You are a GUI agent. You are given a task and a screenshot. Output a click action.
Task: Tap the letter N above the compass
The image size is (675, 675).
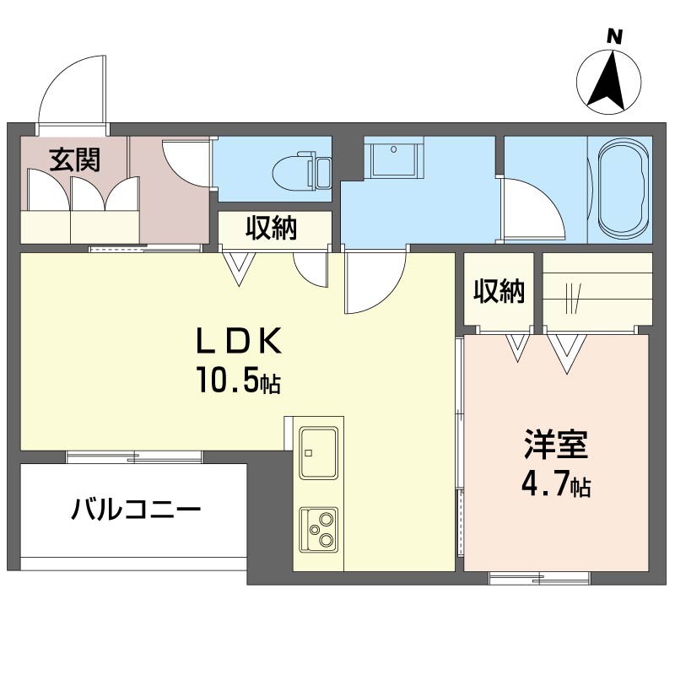(x=615, y=36)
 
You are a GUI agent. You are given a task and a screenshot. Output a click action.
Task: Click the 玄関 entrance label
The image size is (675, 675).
(x=74, y=159)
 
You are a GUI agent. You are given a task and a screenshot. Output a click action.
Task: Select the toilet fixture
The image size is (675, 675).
(x=298, y=171)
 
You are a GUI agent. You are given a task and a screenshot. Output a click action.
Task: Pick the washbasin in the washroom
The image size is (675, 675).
(x=393, y=159)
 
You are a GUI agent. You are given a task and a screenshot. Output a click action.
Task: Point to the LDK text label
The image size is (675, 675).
(x=238, y=342)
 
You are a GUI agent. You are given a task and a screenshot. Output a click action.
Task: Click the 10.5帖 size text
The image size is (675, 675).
(x=238, y=382)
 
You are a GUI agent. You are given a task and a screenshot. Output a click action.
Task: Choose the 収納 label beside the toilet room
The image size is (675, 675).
(x=272, y=228)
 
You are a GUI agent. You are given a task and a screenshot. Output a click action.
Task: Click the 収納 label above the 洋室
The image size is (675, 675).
(x=498, y=291)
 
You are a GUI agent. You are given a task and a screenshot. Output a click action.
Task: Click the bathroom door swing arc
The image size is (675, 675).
(x=532, y=207)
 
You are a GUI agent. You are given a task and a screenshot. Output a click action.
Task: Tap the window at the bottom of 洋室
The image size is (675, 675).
(x=538, y=578)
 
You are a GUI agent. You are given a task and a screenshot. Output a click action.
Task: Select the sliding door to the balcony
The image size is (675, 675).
(x=135, y=457)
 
